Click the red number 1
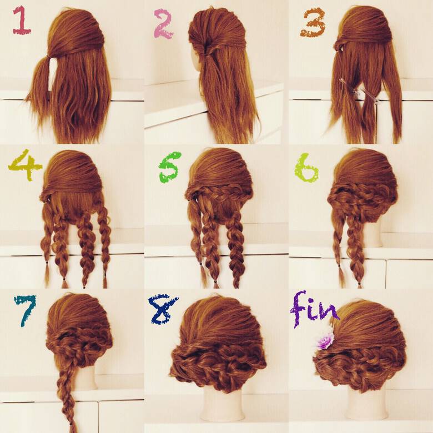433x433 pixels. coord(22,22)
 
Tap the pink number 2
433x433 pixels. coord(163,24)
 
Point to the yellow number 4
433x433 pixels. coord(24,165)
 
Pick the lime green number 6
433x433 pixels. coord(306,168)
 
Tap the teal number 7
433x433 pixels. coord(26,310)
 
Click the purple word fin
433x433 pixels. coord(314,309)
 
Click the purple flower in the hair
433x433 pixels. coord(326,340)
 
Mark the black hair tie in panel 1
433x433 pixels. coord(49,56)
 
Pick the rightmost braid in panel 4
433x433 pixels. coord(104,243)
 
